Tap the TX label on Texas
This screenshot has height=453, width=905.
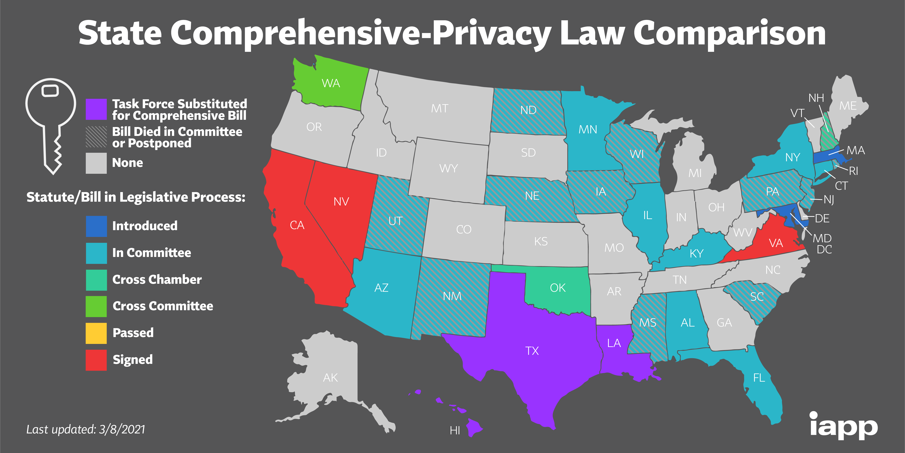[532, 351]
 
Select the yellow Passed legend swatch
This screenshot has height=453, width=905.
[96, 333]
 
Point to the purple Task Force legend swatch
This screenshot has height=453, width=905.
[96, 109]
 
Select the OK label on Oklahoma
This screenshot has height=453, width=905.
[558, 288]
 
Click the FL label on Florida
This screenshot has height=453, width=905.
[759, 378]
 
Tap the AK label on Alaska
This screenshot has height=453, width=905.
[330, 377]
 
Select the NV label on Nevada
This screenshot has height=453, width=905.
[341, 201]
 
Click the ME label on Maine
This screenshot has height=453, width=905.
[848, 105]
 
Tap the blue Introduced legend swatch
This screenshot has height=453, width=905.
[96, 226]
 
